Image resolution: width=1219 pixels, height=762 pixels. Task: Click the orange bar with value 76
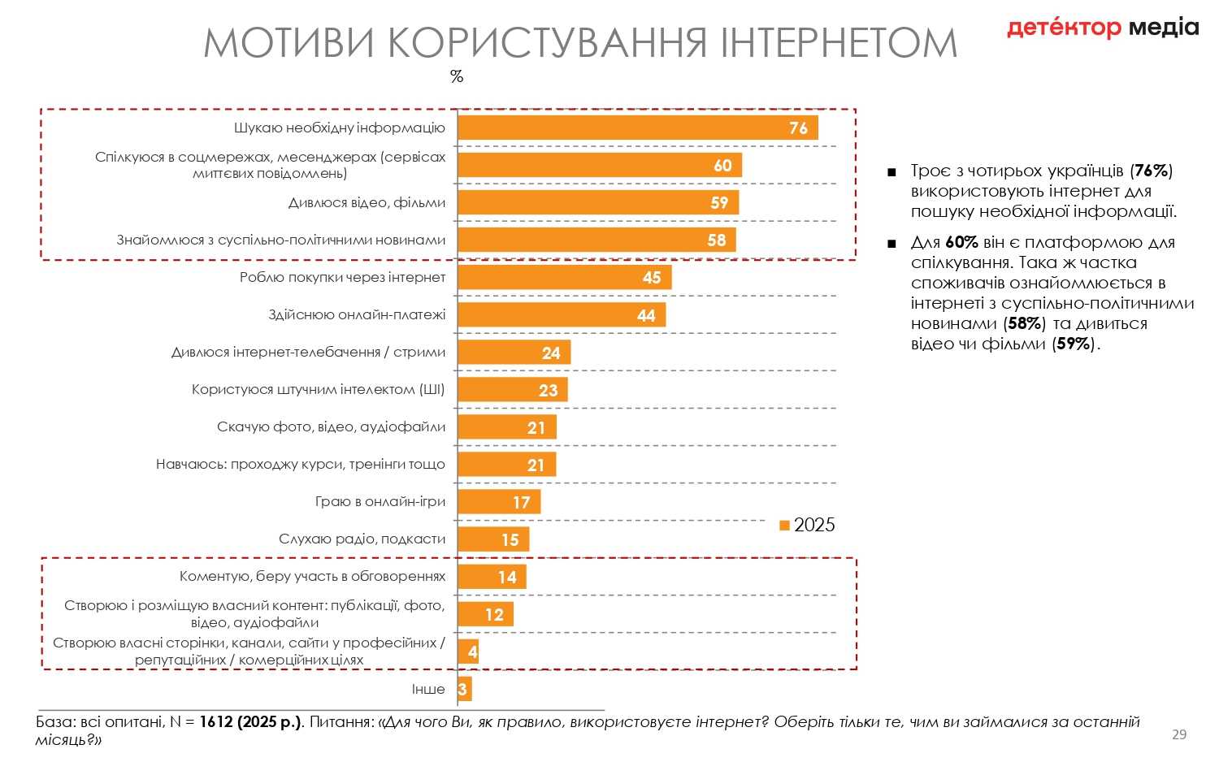pos(637,128)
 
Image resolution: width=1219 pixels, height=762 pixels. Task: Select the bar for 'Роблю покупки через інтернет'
pos(564,278)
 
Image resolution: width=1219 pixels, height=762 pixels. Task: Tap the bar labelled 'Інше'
pos(465,690)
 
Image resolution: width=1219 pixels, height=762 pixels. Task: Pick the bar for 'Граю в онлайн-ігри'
pos(498,502)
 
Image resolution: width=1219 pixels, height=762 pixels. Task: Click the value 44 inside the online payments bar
pos(646,315)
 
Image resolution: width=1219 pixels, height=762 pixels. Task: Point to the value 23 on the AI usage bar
pos(549,390)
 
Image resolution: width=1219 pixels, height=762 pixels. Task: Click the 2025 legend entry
pos(807,525)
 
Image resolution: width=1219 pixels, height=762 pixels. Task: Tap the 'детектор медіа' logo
pos(1102,28)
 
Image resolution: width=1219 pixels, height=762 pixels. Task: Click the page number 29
pos(1179,734)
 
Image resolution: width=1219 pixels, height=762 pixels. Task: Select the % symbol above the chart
pos(457,76)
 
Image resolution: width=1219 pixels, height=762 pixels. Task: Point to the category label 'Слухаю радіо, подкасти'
pos(362,539)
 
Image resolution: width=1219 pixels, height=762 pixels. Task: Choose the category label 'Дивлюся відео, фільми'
pos(367,203)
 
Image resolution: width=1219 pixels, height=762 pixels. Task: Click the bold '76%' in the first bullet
pos(1152,171)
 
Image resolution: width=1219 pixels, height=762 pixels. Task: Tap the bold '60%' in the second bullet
pos(961,243)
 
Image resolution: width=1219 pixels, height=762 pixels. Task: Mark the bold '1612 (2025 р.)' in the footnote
pos(250,722)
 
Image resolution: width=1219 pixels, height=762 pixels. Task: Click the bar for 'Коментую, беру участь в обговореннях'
pos(492,577)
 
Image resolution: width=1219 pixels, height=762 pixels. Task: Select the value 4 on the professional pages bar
pos(472,652)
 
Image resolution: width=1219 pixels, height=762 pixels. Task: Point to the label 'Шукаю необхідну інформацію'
pos(340,128)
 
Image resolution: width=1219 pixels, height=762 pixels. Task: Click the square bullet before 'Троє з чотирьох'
pos(891,172)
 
